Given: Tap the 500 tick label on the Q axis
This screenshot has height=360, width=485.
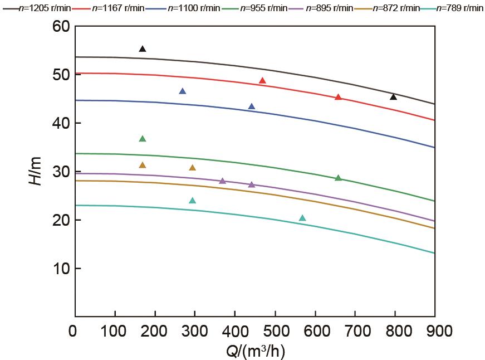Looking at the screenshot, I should (x=276, y=331).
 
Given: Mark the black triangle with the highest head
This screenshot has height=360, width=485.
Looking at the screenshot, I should (x=143, y=49).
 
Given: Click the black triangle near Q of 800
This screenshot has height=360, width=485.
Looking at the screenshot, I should (x=394, y=97).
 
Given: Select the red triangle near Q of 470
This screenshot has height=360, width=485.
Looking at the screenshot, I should (x=263, y=81).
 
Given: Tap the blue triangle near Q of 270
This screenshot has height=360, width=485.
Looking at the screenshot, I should (x=183, y=91).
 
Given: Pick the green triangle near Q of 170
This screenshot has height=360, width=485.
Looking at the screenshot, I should (x=143, y=139).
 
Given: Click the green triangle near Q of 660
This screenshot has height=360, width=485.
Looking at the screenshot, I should (x=338, y=178).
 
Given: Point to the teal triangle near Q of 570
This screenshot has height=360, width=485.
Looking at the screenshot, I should (x=302, y=218).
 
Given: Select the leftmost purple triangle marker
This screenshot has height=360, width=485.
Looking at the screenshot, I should (x=223, y=181).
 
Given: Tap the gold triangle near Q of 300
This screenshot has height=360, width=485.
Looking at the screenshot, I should (x=193, y=168).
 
